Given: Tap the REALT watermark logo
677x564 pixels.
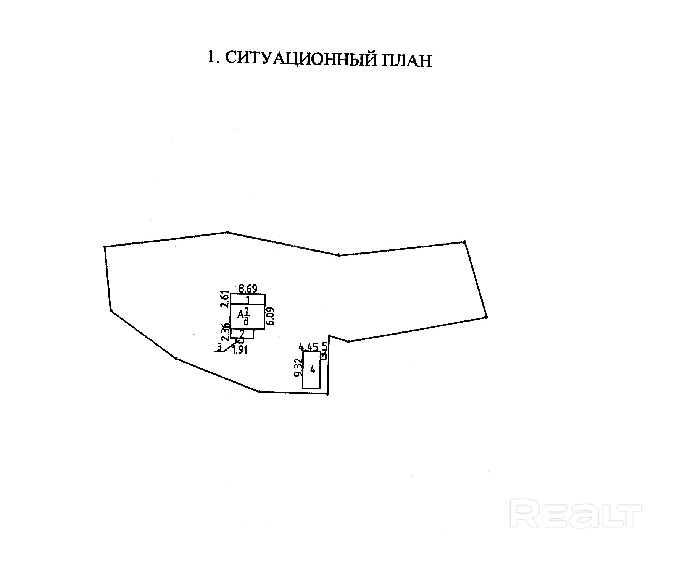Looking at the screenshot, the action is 577,515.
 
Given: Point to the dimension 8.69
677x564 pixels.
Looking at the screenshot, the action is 247,288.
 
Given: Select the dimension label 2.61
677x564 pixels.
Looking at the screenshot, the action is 225,299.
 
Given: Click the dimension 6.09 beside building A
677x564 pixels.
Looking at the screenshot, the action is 271,316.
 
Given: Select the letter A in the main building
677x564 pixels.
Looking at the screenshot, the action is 240,315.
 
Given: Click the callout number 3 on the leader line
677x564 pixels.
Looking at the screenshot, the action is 219,347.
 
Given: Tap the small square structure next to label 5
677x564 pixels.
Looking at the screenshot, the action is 323,356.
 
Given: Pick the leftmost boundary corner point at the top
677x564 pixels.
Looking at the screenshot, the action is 105,247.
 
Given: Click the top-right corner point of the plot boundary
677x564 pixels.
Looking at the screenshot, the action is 464,242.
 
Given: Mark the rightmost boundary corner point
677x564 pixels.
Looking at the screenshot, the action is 486,317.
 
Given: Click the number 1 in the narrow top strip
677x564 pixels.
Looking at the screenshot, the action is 248,299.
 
